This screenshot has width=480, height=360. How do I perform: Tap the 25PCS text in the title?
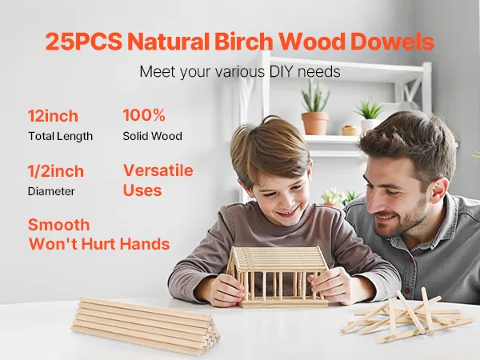(x=83, y=42)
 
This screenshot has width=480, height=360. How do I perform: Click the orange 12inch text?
(x=53, y=116)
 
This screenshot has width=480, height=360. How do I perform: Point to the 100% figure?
(x=144, y=115)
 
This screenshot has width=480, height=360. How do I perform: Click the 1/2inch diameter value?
(x=56, y=171)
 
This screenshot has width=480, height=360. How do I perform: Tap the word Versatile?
(x=158, y=170)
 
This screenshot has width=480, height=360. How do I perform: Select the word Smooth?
(x=58, y=225)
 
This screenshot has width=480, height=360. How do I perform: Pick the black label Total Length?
(x=60, y=137)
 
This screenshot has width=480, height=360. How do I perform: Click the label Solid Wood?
(x=153, y=136)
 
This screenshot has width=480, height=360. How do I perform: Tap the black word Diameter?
(x=51, y=191)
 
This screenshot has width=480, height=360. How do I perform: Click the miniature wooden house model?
(x=277, y=276)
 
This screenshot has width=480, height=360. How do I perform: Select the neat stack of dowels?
(x=146, y=326)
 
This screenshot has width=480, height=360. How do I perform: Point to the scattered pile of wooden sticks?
(x=407, y=316)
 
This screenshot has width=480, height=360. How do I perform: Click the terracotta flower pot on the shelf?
(x=315, y=123)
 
